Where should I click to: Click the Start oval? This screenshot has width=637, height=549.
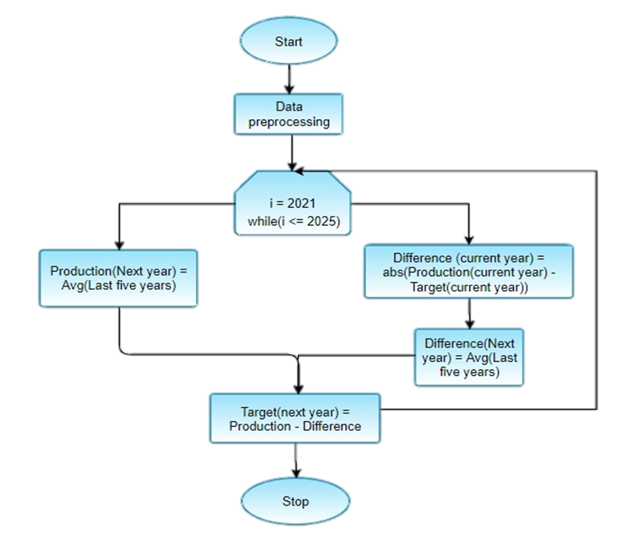tap(289, 41)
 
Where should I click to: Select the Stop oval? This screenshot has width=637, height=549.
tap(296, 501)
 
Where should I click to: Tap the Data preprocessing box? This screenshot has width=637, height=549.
tap(289, 114)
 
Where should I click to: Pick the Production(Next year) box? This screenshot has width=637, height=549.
tap(119, 278)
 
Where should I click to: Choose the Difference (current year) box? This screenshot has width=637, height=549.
tap(469, 272)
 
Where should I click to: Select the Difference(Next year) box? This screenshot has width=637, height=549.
tap(468, 357)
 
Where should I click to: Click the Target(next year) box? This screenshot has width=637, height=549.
tap(295, 418)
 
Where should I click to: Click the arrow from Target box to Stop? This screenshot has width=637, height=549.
tap(296, 459)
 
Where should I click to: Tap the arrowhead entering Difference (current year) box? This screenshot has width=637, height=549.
tap(469, 239)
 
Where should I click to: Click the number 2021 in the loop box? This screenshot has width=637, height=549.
tap(299, 205)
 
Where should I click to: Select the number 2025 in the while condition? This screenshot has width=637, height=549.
tap(322, 221)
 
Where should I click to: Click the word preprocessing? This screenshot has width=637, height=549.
tap(289, 122)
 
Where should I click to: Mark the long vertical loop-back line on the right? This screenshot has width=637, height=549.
tap(597, 288)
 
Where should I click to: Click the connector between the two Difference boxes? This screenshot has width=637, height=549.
tap(469, 313)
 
